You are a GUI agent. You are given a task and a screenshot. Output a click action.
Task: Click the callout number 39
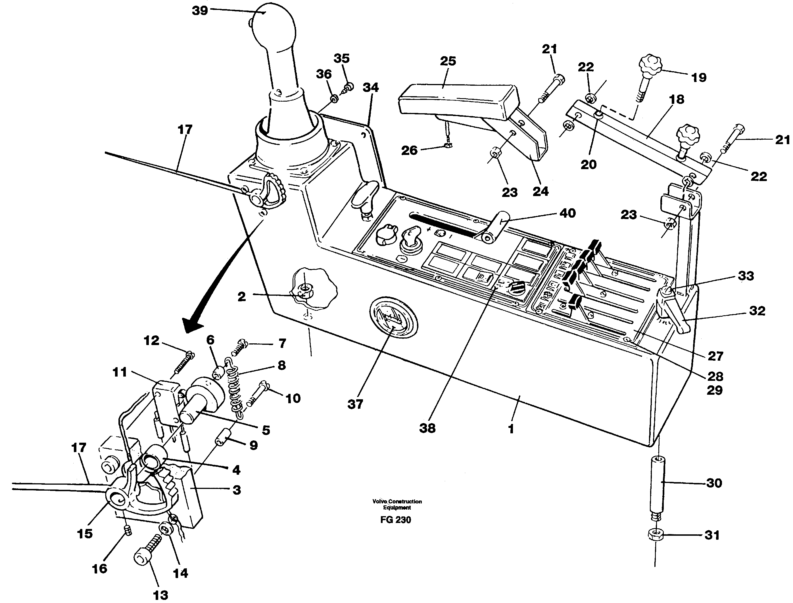click(x=200, y=10)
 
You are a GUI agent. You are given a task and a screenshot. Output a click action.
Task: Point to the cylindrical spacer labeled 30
click(x=656, y=483)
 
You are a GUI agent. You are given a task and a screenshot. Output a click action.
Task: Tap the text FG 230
click(x=396, y=520)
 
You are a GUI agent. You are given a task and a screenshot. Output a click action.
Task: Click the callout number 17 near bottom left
click(x=79, y=447)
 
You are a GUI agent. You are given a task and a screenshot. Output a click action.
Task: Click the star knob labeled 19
click(x=651, y=66)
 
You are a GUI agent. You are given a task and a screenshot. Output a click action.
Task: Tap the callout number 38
click(x=427, y=428)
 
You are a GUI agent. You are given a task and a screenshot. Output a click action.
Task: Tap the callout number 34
click(x=370, y=87)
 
